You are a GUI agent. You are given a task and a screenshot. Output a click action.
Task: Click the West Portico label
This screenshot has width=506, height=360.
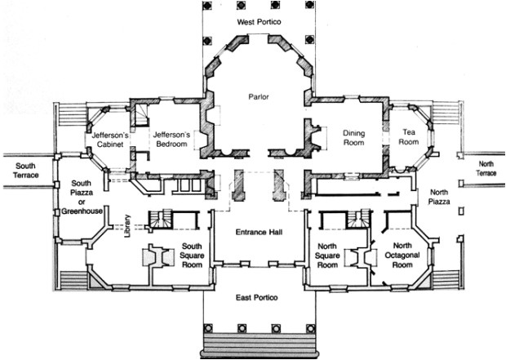(259, 22)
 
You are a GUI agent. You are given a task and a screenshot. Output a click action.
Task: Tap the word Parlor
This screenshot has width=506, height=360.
(259, 96)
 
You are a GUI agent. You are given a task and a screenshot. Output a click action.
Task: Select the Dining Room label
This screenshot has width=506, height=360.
(353, 138)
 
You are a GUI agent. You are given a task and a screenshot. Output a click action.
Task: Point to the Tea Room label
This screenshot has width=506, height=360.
(409, 137)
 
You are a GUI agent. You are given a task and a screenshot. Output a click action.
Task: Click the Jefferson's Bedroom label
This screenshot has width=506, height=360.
(171, 139)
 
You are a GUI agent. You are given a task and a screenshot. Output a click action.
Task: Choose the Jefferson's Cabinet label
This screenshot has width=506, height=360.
(110, 140)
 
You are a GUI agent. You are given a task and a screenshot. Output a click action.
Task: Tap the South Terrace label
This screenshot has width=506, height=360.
(26, 171)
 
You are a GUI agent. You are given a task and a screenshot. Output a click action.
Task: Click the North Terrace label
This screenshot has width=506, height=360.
(486, 168)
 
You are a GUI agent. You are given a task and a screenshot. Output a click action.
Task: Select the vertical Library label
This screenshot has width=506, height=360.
(127, 226)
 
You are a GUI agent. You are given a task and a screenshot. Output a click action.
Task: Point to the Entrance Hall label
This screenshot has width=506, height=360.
(260, 232)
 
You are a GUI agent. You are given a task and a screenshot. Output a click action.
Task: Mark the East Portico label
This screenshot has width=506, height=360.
(256, 297)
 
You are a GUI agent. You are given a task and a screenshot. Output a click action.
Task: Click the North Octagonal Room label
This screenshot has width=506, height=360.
(402, 255)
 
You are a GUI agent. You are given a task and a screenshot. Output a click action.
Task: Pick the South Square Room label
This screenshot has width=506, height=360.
(192, 256)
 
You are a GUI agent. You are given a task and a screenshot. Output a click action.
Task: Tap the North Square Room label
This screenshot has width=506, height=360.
(327, 256)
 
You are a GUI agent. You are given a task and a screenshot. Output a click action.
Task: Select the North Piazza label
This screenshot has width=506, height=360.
(439, 197)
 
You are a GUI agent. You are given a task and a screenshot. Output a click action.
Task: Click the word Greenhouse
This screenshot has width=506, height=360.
(82, 211)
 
